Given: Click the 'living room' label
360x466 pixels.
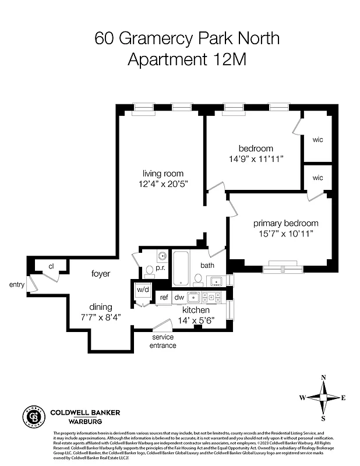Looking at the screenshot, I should coord(163,173).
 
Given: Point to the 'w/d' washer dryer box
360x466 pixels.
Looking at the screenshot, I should coord(142,290).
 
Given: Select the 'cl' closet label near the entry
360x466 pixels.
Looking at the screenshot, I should coord(51,266).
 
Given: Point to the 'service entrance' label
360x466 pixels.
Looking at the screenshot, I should coord(164,341).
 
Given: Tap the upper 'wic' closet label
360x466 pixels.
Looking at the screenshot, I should coord(317,140).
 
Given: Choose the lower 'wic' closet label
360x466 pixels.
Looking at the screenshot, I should coord(317,178).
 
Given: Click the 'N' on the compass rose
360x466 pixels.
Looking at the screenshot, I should coord(323,377).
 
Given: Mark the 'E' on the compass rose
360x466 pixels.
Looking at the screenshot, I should coord(344,398).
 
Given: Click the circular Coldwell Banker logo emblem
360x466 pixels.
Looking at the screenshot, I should coord(33,416).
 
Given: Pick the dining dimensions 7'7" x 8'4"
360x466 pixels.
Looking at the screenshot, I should coord(101,317).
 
